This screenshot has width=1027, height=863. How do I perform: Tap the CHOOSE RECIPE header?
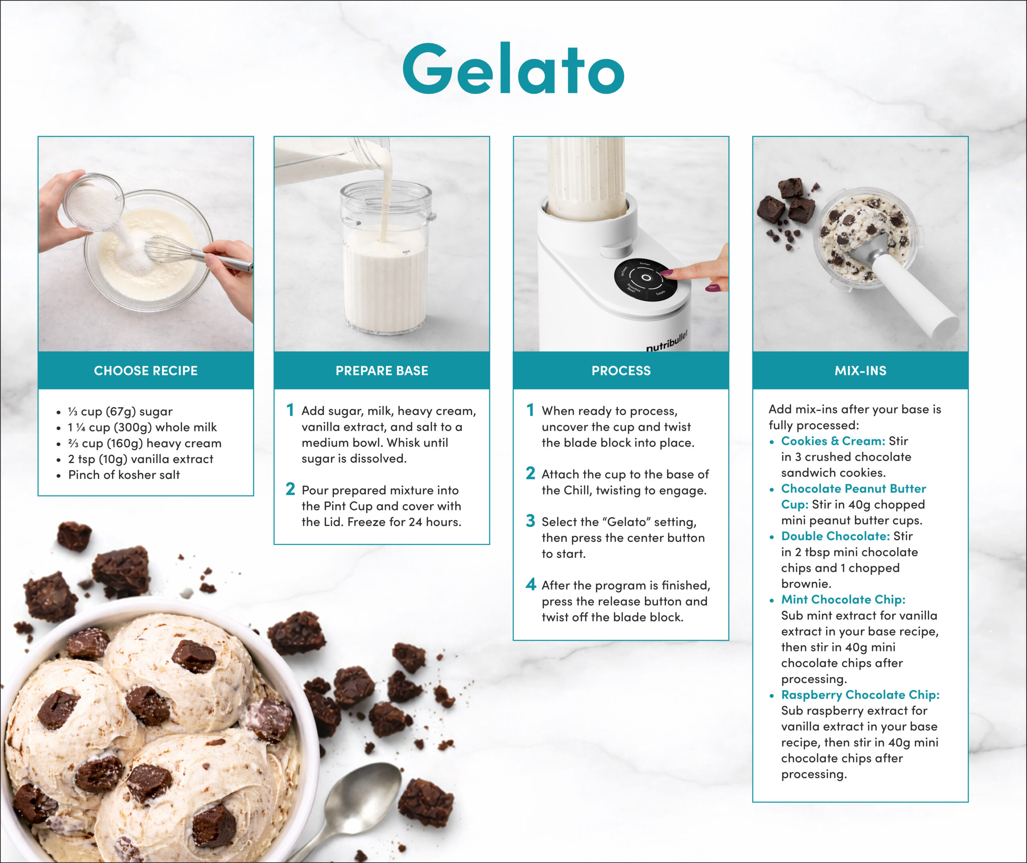pyautogui.click(x=146, y=371)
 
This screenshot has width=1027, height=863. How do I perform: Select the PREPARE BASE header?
pyautogui.click(x=382, y=371)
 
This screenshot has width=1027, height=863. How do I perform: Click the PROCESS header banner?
pyautogui.click(x=621, y=371)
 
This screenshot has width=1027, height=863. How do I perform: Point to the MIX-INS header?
pyautogui.click(x=860, y=371)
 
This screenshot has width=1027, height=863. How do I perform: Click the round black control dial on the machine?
pyautogui.click(x=646, y=278)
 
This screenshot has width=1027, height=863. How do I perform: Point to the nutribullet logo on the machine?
pyautogui.click(x=666, y=341)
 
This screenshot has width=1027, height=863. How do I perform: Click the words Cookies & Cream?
pyautogui.click(x=833, y=441)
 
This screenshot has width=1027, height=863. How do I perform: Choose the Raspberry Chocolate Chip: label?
pyautogui.click(x=860, y=695)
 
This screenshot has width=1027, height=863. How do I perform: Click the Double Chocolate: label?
pyautogui.click(x=835, y=536)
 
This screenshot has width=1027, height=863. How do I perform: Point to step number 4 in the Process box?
pyautogui.click(x=531, y=584)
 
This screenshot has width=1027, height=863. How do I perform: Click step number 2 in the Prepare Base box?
pyautogui.click(x=290, y=489)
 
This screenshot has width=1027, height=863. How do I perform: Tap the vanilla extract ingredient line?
pyautogui.click(x=140, y=459)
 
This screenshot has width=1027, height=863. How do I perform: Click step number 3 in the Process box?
pyautogui.click(x=531, y=521)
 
